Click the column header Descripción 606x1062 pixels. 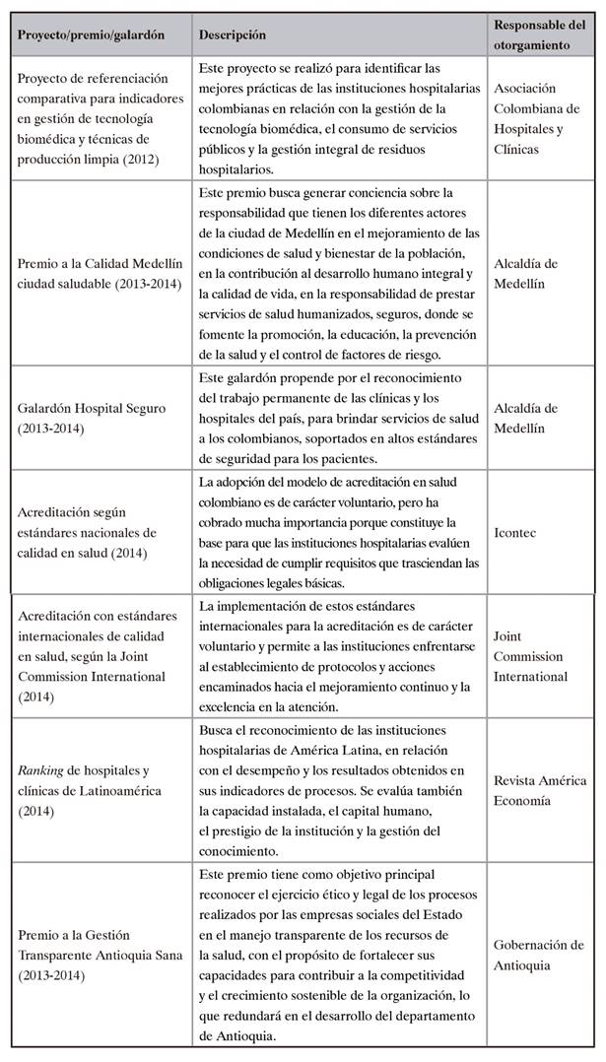click(x=233, y=34)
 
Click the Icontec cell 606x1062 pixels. click(x=514, y=528)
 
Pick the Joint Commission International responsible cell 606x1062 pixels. click(x=528, y=656)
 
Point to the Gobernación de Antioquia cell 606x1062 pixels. click(x=539, y=954)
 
